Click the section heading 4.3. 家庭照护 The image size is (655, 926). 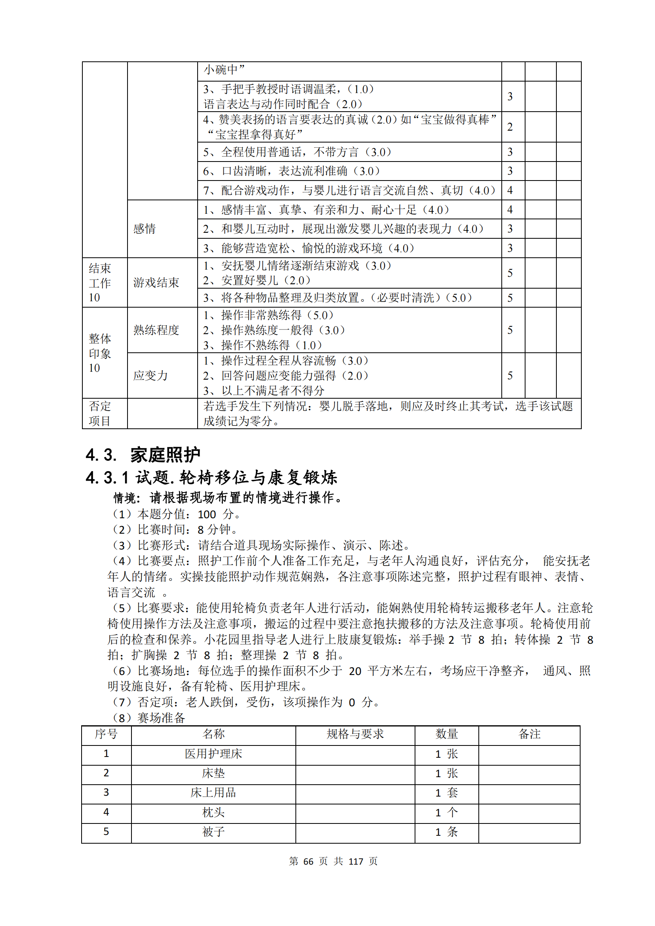tap(143, 455)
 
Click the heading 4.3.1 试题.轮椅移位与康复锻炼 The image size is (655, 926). tap(211, 477)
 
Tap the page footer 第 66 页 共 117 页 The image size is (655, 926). tap(333, 861)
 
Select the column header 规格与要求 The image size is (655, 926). tap(355, 734)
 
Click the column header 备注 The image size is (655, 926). tap(529, 734)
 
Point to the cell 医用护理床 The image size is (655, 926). tap(213, 754)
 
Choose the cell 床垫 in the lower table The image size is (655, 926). tap(213, 773)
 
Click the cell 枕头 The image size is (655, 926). tap(213, 812)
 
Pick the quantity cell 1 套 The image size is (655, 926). tap(446, 793)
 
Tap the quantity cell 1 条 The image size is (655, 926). tap(446, 832)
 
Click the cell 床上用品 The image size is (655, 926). tap(213, 793)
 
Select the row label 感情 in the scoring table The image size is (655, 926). tap(145, 229)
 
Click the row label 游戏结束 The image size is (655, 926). tap(156, 282)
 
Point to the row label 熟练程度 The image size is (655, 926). tap(156, 330)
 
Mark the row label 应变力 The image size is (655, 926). tap(150, 375)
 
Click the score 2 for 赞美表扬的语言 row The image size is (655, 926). tap(510, 127)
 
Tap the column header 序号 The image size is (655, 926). tap(106, 734)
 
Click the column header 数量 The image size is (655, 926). tap(446, 734)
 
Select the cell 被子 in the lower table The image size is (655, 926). tap(213, 832)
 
